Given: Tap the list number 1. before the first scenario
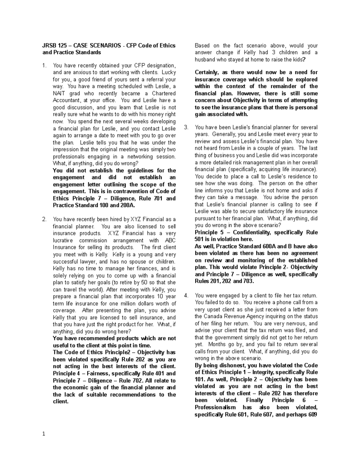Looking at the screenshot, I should (x=44, y=65).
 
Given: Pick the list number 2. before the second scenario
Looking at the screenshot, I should (x=44, y=219).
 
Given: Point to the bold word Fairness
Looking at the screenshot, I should (x=101, y=374).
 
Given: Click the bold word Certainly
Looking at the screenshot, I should (x=207, y=72).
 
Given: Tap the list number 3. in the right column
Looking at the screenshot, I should (x=186, y=127).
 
